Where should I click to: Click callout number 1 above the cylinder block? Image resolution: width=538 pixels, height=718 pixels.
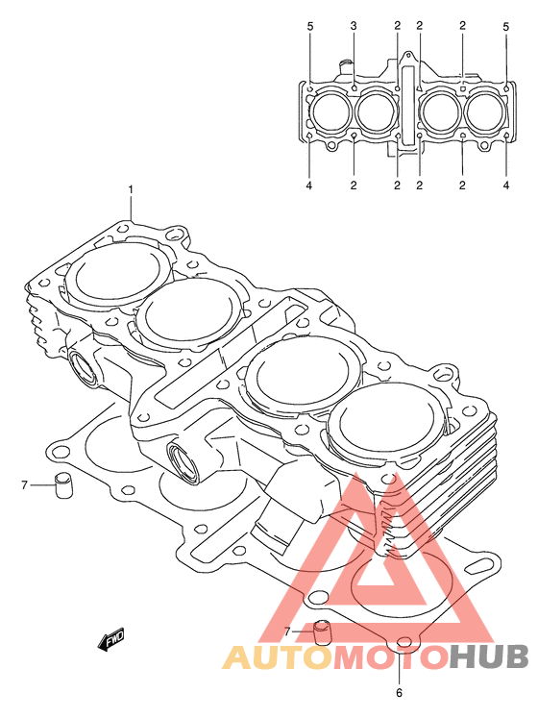pyautogui.click(x=131, y=189)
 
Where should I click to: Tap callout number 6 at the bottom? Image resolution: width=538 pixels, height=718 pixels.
pyautogui.click(x=399, y=693)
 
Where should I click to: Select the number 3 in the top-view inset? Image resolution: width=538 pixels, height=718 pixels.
pyautogui.click(x=354, y=26)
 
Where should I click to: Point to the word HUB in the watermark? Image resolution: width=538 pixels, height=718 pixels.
pyautogui.click(x=489, y=657)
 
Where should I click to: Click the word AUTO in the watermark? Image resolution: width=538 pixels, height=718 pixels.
pyautogui.click(x=279, y=657)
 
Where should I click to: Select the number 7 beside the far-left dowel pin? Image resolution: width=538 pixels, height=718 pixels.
pyautogui.click(x=25, y=484)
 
